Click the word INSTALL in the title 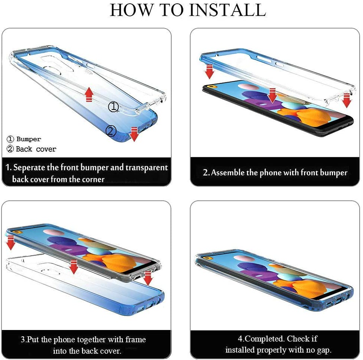[227, 10]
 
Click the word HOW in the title [132, 10]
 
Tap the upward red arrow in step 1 [89, 94]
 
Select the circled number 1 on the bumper [113, 106]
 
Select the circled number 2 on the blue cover [111, 131]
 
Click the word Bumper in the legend [29, 139]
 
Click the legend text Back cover [36, 149]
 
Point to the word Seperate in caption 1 [29, 168]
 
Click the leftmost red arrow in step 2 [209, 72]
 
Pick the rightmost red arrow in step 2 [346, 100]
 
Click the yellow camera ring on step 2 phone [211, 87]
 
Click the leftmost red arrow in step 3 [11, 243]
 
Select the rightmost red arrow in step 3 [148, 278]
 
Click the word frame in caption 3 [136, 339]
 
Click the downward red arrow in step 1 [134, 134]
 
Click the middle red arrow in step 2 [272, 95]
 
